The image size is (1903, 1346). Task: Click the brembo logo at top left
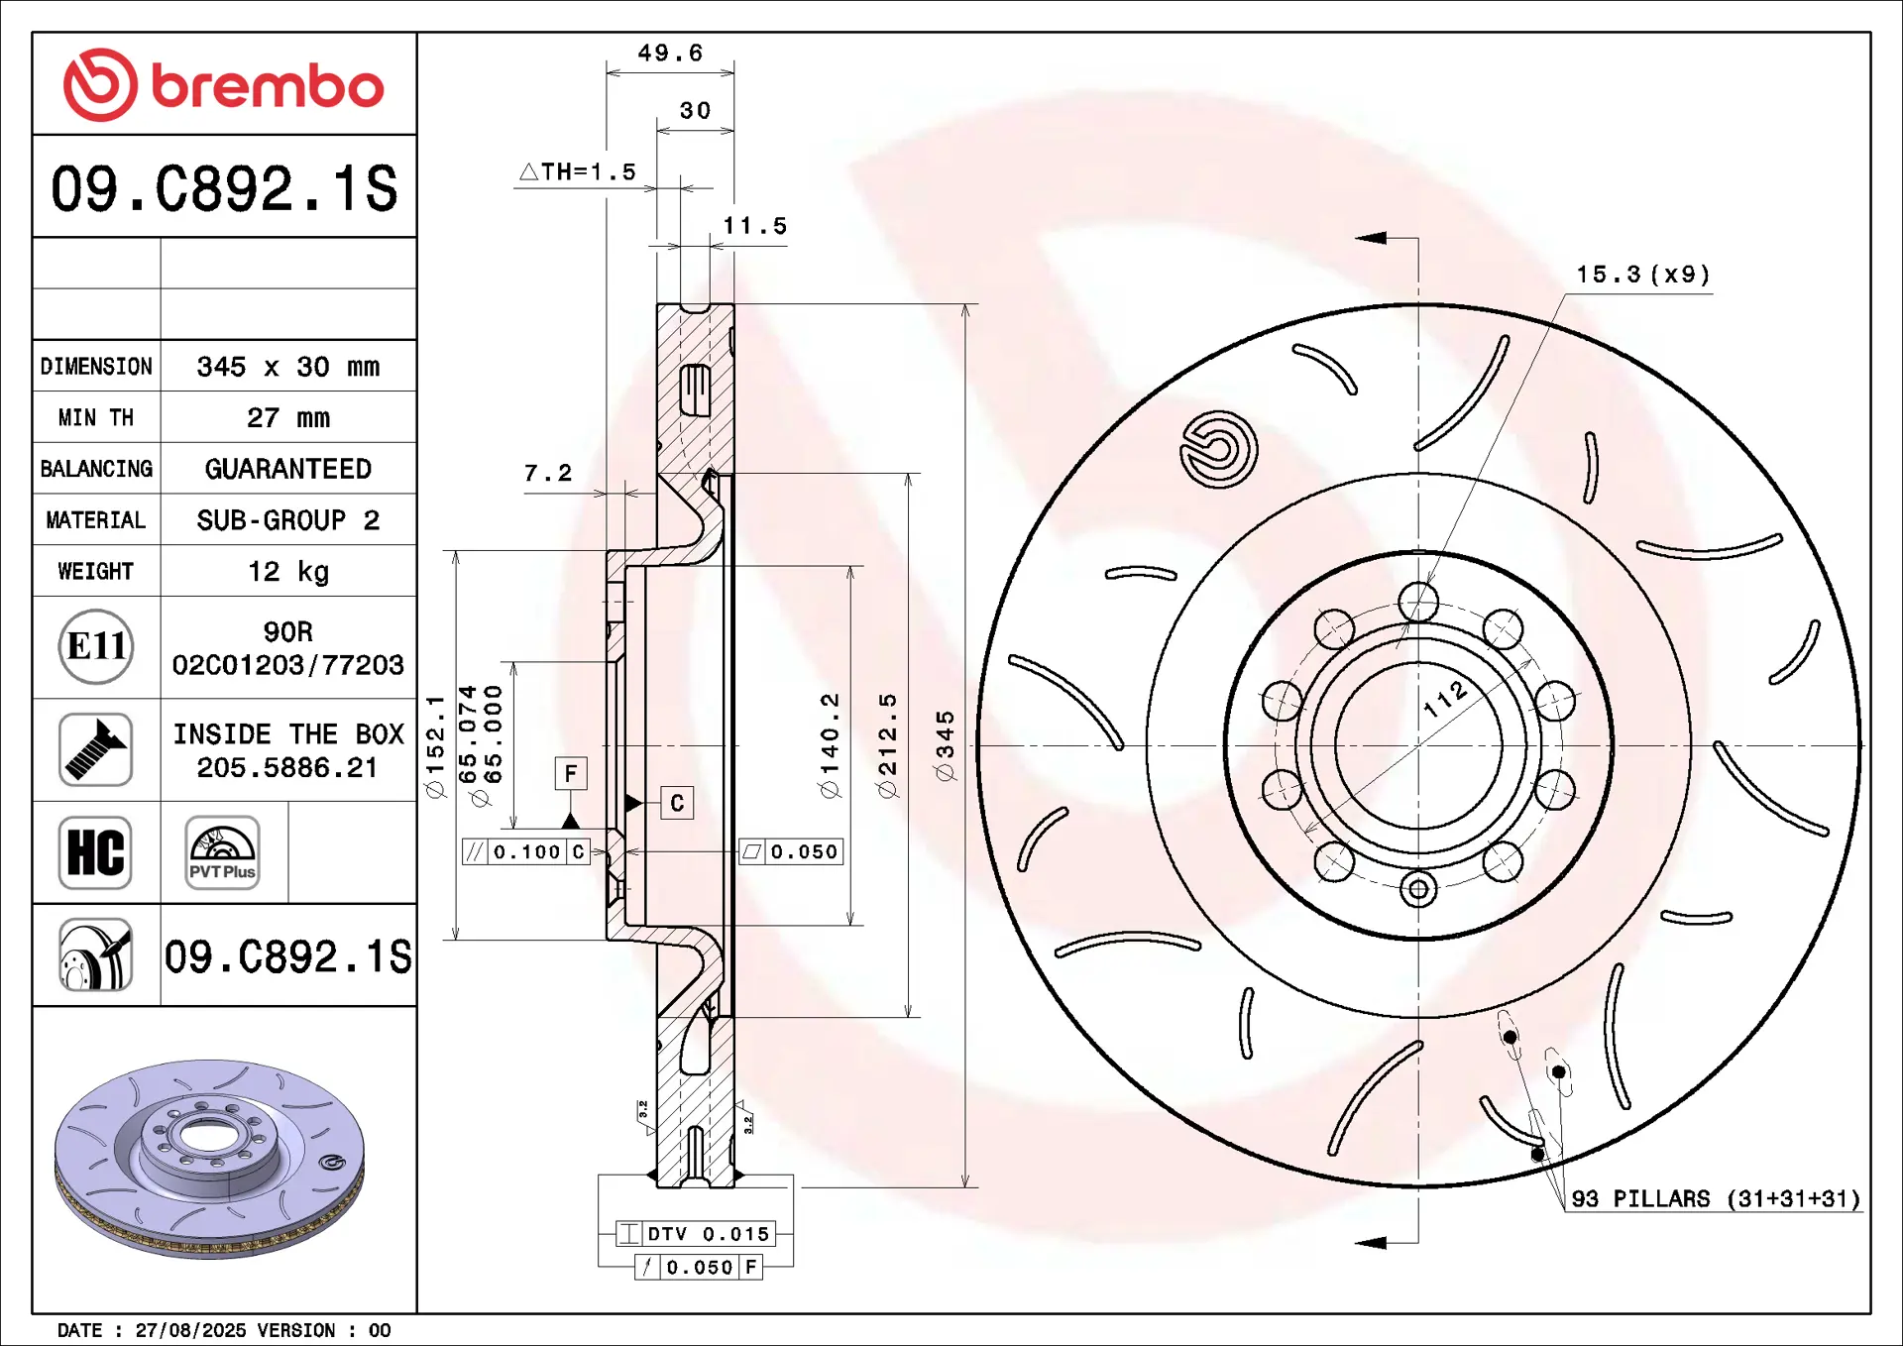[223, 85]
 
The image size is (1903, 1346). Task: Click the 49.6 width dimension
[670, 53]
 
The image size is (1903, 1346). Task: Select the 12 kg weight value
[288, 572]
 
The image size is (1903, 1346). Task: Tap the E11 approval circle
[96, 646]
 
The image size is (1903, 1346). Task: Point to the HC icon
[95, 852]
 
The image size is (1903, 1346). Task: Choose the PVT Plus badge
[223, 852]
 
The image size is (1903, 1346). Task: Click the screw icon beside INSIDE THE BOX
[95, 749]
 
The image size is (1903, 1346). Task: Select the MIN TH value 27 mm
[288, 418]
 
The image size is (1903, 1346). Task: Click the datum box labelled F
[571, 773]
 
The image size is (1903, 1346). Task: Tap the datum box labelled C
[677, 803]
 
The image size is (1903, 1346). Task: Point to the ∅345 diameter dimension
[945, 745]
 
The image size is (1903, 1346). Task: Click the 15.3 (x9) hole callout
[1643, 275]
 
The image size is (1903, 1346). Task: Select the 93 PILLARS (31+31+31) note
[1716, 1198]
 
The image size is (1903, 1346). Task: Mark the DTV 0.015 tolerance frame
[695, 1233]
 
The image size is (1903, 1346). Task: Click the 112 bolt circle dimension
[1445, 698]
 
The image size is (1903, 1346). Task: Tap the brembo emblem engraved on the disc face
[1218, 449]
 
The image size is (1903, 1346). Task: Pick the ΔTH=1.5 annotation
[578, 171]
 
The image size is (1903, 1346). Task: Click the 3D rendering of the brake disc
[209, 1159]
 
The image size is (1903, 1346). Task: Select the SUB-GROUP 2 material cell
[288, 520]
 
